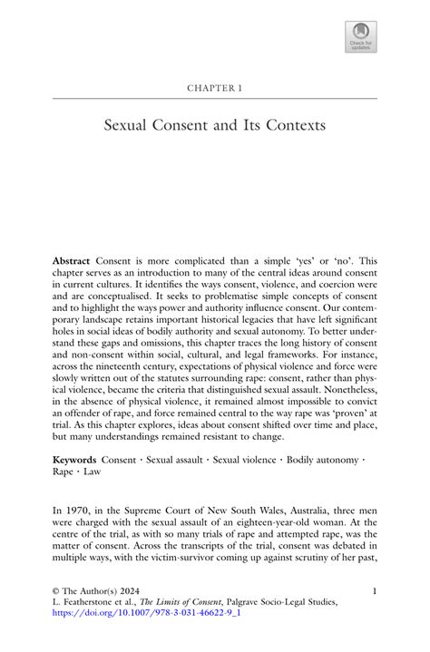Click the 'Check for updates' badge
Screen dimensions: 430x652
point(360,37)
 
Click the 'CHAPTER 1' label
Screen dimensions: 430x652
point(215,88)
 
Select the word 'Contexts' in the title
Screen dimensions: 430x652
point(293,124)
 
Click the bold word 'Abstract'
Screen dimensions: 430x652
point(72,261)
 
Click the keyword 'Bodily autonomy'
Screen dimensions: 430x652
point(323,460)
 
